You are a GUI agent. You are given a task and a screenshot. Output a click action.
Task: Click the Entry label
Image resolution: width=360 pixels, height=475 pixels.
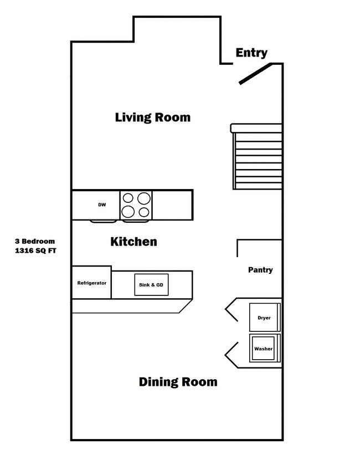[x=251, y=53]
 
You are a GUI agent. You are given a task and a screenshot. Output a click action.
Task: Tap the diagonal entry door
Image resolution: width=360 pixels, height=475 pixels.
[x=255, y=74]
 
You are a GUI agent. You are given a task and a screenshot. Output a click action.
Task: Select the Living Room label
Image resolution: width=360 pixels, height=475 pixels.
[x=152, y=118]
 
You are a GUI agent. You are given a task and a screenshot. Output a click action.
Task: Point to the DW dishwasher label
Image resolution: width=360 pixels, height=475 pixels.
[x=102, y=205]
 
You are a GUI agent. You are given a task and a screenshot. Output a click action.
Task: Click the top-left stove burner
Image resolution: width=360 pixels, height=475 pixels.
[x=128, y=198]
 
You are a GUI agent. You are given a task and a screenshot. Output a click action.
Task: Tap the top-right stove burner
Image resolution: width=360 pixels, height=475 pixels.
[x=144, y=198]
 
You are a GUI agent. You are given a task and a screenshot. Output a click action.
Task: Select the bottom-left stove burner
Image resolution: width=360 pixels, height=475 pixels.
[x=128, y=211]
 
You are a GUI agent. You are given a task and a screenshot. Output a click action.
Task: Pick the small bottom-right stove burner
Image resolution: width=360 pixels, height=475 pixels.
[x=144, y=212]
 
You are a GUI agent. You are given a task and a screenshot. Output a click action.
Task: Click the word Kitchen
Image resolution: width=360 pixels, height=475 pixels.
[x=133, y=242]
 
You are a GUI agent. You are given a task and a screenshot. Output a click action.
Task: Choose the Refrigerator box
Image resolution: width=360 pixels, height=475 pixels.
[x=91, y=283]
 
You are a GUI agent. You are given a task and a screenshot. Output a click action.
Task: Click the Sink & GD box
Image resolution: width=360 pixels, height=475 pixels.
[x=151, y=285]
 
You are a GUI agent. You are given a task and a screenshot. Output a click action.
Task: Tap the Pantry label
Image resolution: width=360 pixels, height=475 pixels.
[x=260, y=270]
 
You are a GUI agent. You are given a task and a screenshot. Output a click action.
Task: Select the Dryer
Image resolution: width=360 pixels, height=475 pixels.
[x=264, y=318]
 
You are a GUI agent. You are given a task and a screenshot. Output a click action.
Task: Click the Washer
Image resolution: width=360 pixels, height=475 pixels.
[x=264, y=349]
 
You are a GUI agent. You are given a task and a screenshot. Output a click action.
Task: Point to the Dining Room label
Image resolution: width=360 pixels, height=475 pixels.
[x=178, y=382]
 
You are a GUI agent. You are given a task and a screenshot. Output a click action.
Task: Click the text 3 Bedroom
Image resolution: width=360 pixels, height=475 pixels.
[x=35, y=242]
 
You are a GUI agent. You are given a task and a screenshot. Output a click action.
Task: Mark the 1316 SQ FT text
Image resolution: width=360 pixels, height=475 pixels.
[x=35, y=251]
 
